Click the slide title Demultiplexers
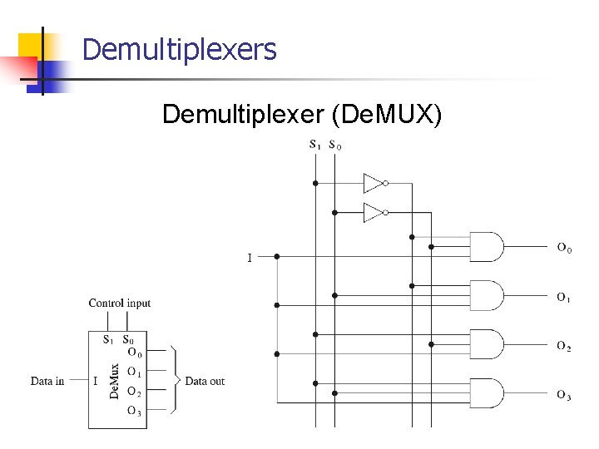(x=179, y=50)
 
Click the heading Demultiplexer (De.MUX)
(x=302, y=113)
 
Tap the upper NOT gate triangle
(x=374, y=183)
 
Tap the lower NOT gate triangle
(x=374, y=213)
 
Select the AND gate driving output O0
(x=487, y=247)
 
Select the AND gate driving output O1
(x=487, y=296)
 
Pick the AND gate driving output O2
(x=487, y=344)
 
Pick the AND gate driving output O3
(x=487, y=393)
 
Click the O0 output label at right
(x=564, y=247)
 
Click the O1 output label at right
(x=564, y=297)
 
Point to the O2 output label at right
(x=564, y=346)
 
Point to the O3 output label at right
(x=564, y=395)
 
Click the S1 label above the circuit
(x=315, y=145)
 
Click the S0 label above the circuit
(x=334, y=145)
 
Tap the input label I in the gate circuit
(x=250, y=258)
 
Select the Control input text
(x=120, y=303)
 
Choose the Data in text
(x=47, y=382)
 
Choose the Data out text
(x=205, y=382)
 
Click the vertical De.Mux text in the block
(x=115, y=381)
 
